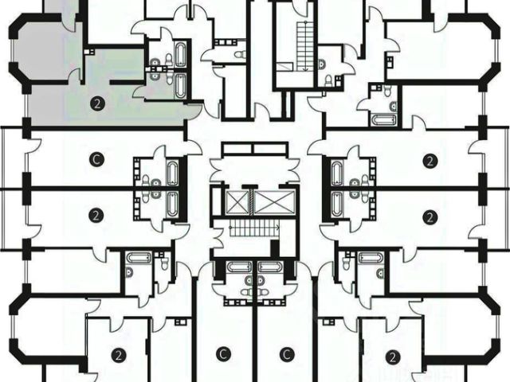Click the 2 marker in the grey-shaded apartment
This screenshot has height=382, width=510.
pos(97,103)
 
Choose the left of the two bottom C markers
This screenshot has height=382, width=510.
pos(224,354)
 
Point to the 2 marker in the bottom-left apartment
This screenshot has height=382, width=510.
pos(118,355)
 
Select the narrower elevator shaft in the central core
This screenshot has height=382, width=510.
pos(237,201)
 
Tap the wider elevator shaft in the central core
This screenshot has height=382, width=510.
pos(267,201)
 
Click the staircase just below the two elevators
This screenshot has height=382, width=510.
pos(253,229)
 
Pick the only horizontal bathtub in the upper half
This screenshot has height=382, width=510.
pos(379,119)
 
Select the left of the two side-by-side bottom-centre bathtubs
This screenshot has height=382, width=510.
pos(237,267)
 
